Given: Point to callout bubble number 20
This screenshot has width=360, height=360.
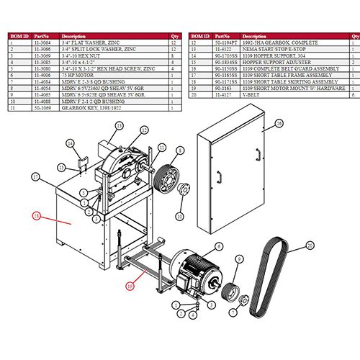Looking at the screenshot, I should (x=310, y=246).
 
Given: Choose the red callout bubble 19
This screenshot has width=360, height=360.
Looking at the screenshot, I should (x=130, y=285).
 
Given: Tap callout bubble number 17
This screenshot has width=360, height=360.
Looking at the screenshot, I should (x=34, y=175).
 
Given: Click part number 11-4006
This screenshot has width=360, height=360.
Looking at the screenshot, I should (x=43, y=74).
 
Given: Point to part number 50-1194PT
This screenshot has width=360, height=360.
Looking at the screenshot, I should (x=224, y=42).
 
